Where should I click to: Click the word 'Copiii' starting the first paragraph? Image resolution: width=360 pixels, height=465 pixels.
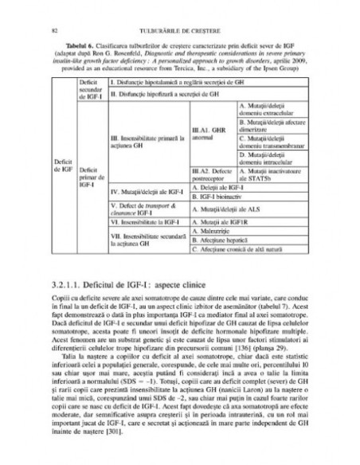click(59, 299)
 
